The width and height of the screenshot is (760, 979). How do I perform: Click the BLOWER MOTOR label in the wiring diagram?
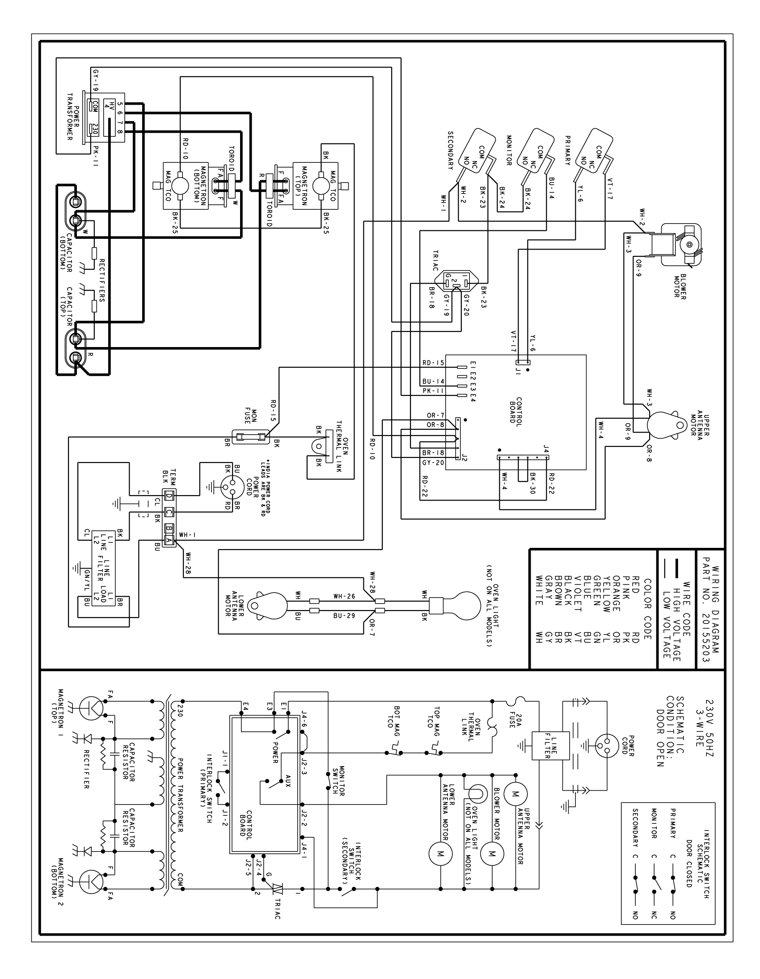point(680,286)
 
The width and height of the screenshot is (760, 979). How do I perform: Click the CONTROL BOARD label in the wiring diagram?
point(516,410)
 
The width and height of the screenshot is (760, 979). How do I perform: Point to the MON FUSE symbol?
point(250,436)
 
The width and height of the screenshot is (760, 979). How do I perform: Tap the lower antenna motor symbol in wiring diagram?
point(268,606)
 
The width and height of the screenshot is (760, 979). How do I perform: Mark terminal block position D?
point(169,496)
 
